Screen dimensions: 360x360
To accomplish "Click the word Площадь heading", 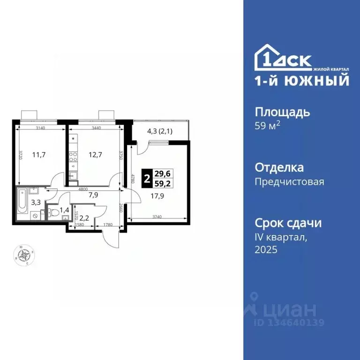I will pos(282,112).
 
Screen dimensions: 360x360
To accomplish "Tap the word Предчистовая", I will pos(289,181).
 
